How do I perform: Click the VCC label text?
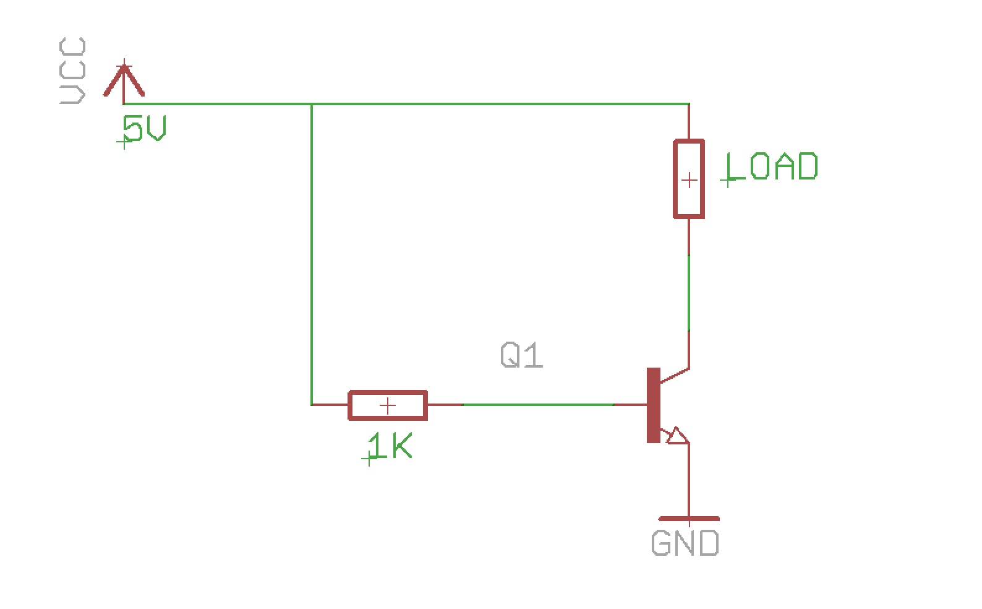pyautogui.click(x=72, y=71)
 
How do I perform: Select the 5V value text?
pyautogui.click(x=145, y=129)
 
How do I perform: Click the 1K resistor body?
pyautogui.click(x=388, y=405)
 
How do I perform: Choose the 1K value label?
pyautogui.click(x=390, y=446)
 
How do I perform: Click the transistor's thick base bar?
pyautogui.click(x=653, y=405)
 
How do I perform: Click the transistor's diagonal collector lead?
pyautogui.click(x=675, y=376)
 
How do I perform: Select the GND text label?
pyautogui.click(x=685, y=543)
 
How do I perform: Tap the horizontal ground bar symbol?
pyautogui.click(x=689, y=519)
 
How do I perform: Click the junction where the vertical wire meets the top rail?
pyautogui.click(x=312, y=104)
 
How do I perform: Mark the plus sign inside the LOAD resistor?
pyautogui.click(x=689, y=181)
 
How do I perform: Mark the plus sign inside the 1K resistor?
pyautogui.click(x=388, y=406)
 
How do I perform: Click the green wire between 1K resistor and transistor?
pyautogui.click(x=538, y=405)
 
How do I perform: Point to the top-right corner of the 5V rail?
pyautogui.click(x=689, y=104)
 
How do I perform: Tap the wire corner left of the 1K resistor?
pyautogui.click(x=312, y=405)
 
